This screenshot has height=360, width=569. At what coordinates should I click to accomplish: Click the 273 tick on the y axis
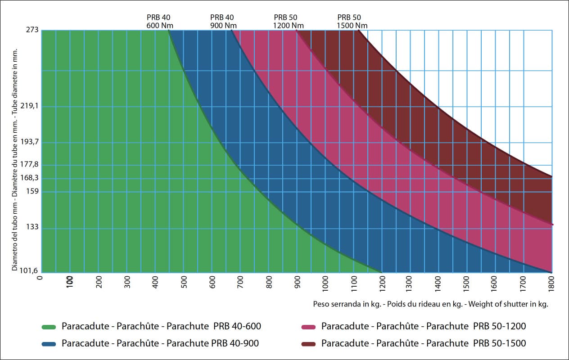(33, 30)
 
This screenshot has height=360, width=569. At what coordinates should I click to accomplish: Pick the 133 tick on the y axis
(33, 227)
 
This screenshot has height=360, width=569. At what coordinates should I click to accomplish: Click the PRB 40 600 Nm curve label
(159, 22)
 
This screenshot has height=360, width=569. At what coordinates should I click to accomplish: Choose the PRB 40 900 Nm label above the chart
(223, 22)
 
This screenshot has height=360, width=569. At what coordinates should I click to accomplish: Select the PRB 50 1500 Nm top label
(352, 22)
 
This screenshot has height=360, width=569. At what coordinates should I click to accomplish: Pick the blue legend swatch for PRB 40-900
(48, 344)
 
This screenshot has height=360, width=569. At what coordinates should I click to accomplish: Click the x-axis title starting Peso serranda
(430, 304)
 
